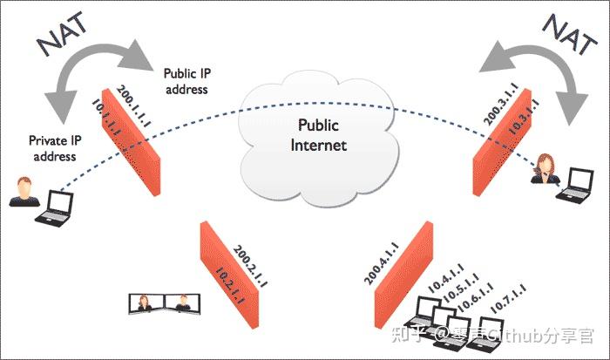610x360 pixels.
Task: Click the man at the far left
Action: [x=21, y=193]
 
